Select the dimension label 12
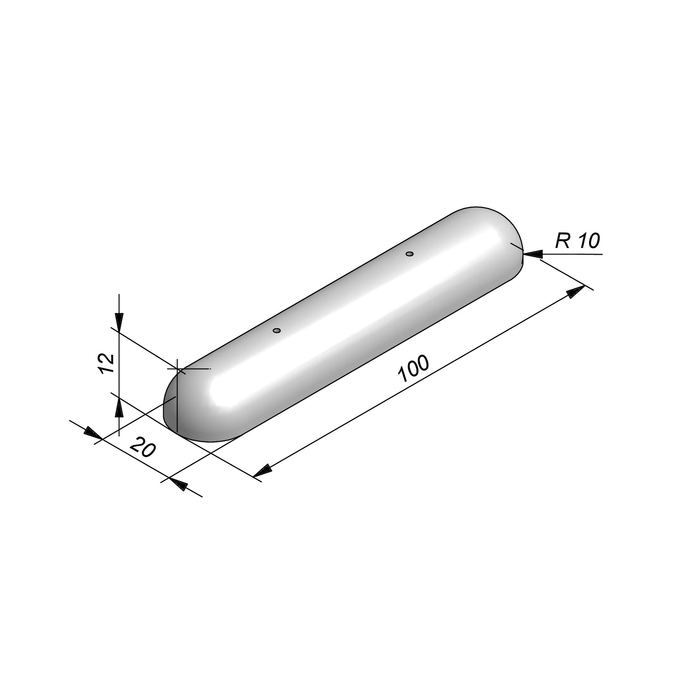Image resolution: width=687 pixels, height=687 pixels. click(107, 363)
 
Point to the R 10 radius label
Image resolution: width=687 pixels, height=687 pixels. click(578, 241)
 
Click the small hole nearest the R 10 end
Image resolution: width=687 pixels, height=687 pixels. click(410, 254)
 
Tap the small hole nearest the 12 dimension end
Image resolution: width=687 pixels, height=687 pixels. click(277, 331)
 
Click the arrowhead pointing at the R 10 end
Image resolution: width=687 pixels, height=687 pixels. click(533, 254)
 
